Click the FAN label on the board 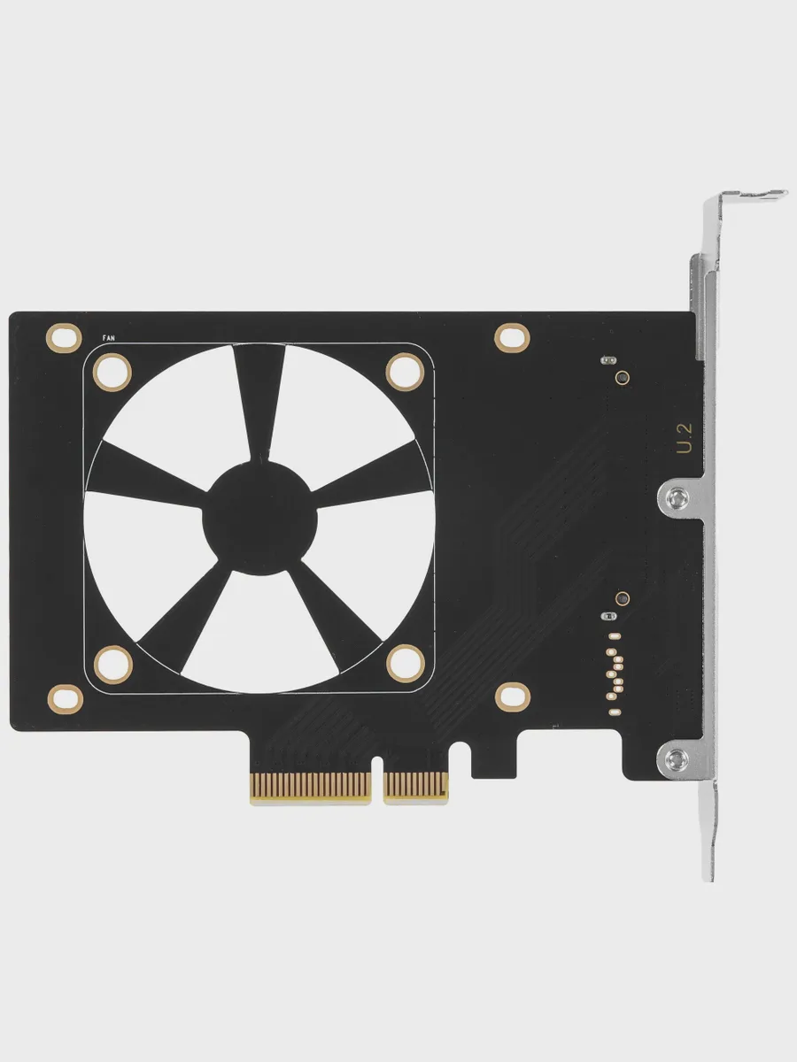click(108, 338)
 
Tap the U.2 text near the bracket click(685, 439)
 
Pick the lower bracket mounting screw click(677, 759)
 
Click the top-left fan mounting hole click(112, 372)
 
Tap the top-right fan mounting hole click(405, 372)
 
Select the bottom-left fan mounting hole click(113, 665)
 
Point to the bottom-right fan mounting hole click(406, 664)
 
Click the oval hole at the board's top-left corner click(64, 338)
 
